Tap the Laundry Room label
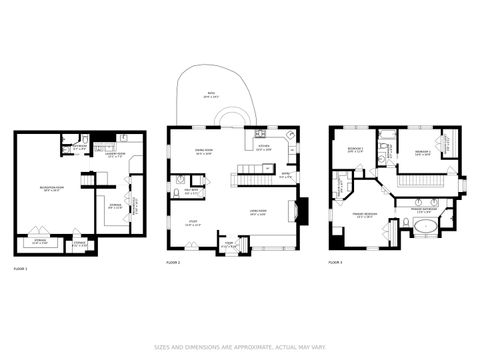click(x=116, y=154)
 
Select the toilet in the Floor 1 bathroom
click(x=66, y=142)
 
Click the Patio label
click(x=211, y=95)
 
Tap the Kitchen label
click(x=265, y=148)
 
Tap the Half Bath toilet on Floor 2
click(x=174, y=181)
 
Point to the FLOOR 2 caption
click(x=173, y=262)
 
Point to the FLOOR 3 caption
click(x=335, y=262)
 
